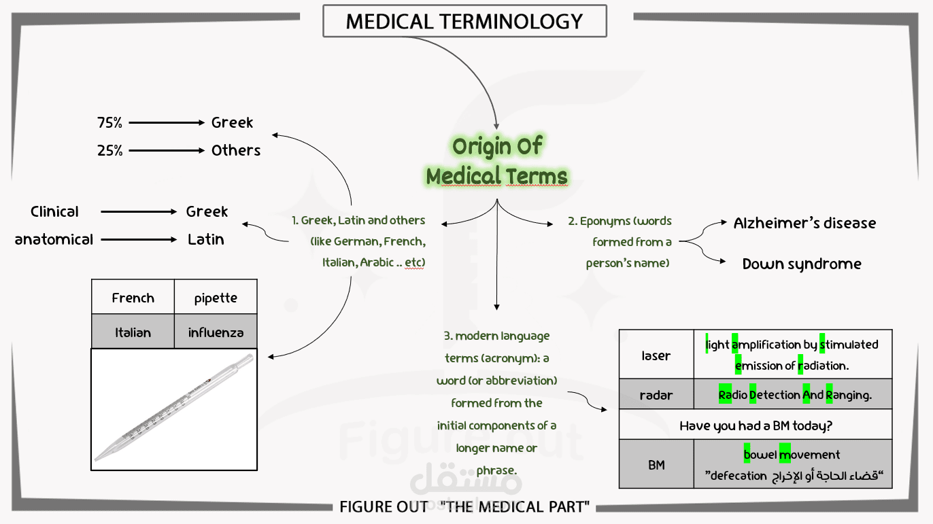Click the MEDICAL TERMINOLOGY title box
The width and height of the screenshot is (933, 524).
point(464,21)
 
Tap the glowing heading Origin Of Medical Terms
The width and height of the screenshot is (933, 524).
point(496,162)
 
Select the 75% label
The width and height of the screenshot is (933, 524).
point(109,123)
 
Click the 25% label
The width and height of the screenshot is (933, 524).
point(109,151)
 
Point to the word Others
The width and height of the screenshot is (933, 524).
point(236,151)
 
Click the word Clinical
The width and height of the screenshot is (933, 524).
point(54,212)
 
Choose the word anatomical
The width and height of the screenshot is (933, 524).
point(54,240)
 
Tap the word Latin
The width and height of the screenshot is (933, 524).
point(206,240)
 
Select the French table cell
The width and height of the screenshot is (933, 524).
point(133,298)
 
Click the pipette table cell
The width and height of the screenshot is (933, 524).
point(216,298)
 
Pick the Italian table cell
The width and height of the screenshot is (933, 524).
point(133,333)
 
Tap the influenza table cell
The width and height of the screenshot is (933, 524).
point(216,333)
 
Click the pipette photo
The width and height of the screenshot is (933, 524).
point(174,410)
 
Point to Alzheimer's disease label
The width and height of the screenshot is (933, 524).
point(804,224)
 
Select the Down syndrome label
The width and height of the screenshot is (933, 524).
point(802,264)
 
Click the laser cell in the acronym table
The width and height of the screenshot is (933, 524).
point(656,355)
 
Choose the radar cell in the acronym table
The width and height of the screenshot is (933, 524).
point(656,395)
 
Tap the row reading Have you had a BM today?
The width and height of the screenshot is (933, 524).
point(756,426)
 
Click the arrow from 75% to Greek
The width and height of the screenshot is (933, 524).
point(167,123)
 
